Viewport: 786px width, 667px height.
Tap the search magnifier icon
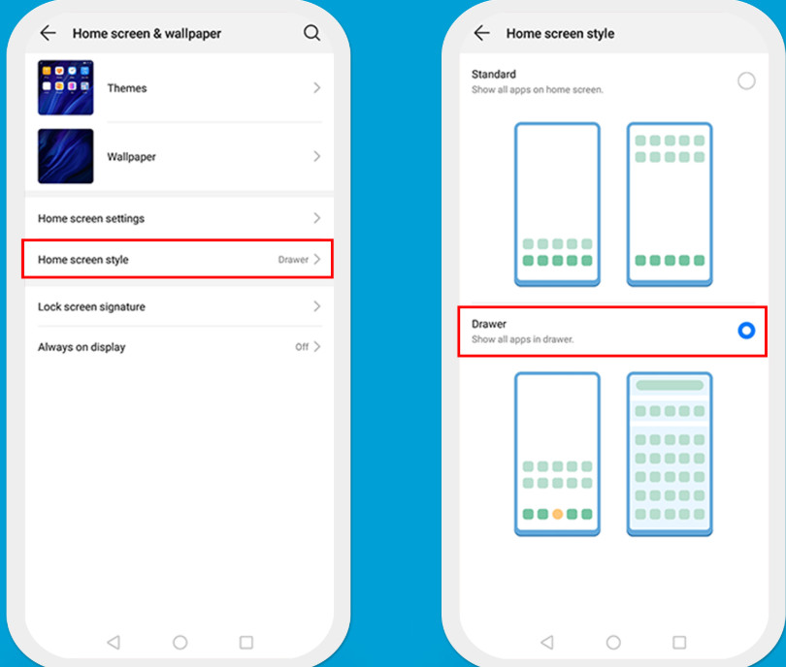[311, 33]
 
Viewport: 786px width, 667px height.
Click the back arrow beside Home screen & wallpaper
[49, 33]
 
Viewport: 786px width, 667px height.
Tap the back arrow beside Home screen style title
[481, 33]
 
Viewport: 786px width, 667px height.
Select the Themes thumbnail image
[66, 87]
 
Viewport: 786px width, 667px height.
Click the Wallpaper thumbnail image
[66, 156]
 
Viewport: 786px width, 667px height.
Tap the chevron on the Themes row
[316, 87]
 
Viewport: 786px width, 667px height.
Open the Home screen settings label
[91, 218]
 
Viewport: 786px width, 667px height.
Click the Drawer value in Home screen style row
[293, 260]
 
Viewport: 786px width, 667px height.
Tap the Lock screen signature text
[92, 306]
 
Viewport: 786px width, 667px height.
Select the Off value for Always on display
[302, 346]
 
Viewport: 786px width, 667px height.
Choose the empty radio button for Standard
[746, 80]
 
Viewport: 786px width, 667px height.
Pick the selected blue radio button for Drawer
[746, 331]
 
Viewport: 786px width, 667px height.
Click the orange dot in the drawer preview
[557, 514]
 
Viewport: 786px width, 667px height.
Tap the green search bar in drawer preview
[670, 385]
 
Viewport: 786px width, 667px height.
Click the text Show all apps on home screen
[538, 89]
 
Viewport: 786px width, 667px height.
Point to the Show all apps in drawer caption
[522, 339]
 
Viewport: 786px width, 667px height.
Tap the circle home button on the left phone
[180, 643]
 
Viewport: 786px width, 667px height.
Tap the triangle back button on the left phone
[114, 643]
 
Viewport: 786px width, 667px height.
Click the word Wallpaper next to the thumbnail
[131, 157]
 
